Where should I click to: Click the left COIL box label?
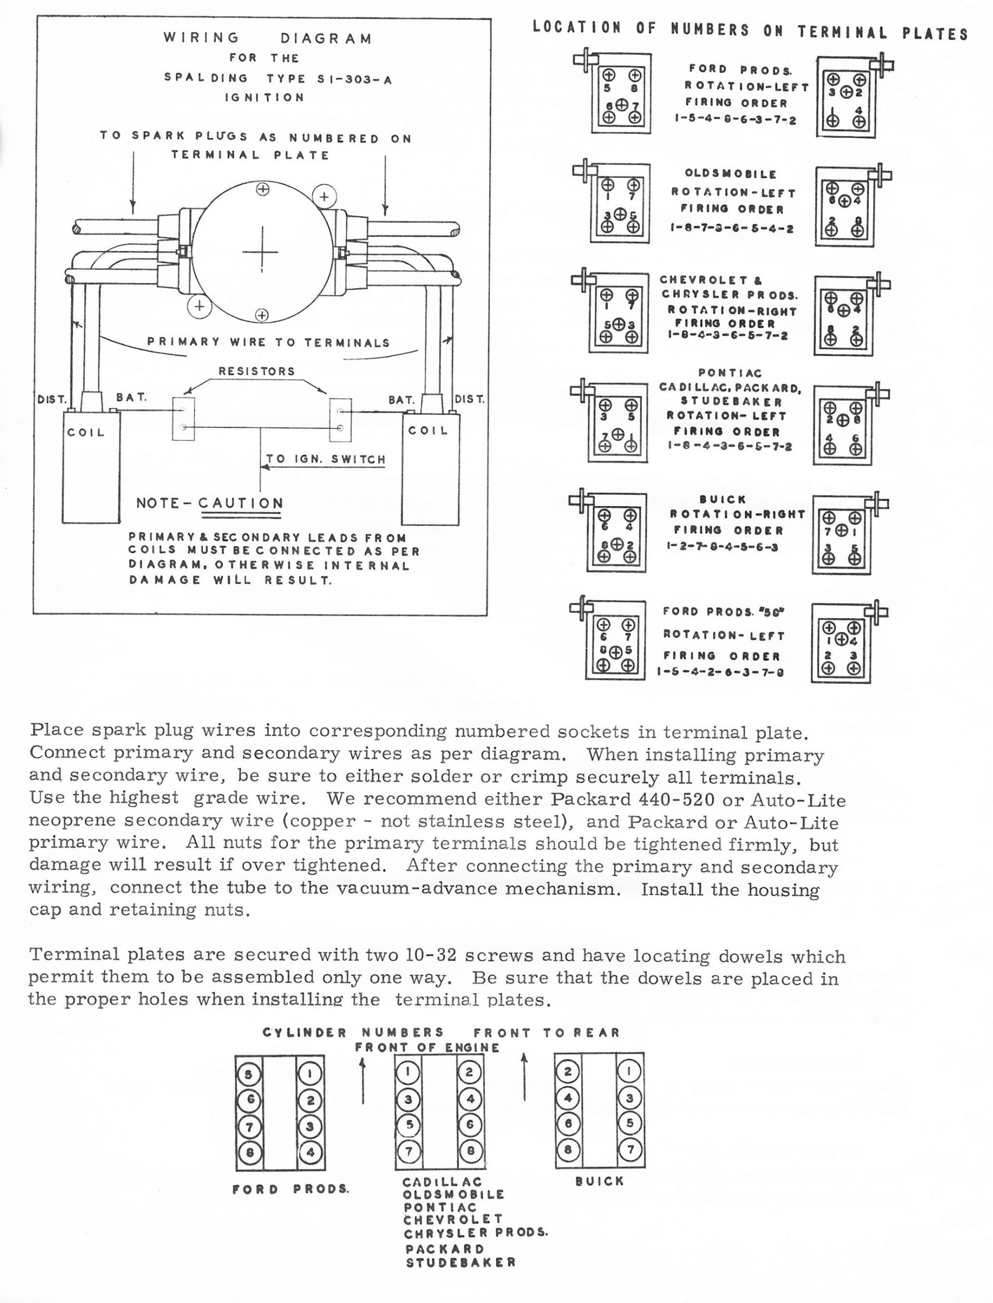[x=86, y=432]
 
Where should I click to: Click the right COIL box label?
[x=428, y=431]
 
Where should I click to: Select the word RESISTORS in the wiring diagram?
[x=256, y=371]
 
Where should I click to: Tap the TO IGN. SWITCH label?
[x=326, y=459]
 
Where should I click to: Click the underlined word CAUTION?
[x=241, y=503]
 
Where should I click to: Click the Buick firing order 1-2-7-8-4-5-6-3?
[x=722, y=547]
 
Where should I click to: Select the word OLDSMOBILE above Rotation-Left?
[x=730, y=174]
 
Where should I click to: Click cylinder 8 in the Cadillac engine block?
[x=470, y=1150]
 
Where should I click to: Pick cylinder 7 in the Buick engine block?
[x=629, y=1149]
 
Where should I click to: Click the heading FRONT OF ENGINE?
[x=427, y=1048]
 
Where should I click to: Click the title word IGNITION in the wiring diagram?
[x=264, y=97]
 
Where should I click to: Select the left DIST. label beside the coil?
[x=52, y=400]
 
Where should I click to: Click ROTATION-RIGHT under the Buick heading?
[x=738, y=514]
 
